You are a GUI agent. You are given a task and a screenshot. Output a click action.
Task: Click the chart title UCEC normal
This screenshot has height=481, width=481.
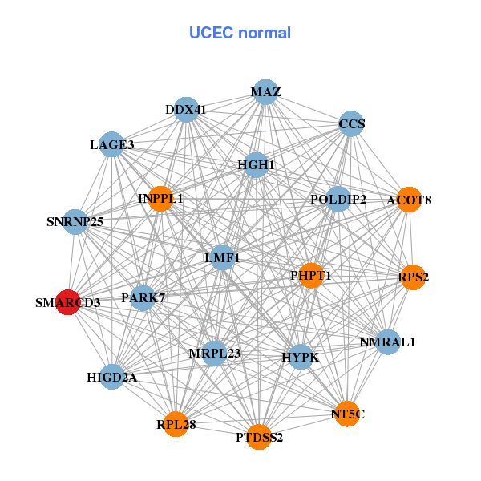click(x=240, y=33)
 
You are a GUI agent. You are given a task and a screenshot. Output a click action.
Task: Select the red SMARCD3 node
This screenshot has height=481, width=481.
click(x=68, y=302)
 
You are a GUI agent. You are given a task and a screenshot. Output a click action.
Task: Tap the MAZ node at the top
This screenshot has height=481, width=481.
click(x=265, y=92)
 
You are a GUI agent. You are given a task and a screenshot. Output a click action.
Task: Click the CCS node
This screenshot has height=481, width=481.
click(x=351, y=124)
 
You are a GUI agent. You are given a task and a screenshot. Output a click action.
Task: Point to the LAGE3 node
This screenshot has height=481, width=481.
click(x=111, y=145)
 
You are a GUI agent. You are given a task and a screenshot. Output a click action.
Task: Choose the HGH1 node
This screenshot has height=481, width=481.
click(x=256, y=165)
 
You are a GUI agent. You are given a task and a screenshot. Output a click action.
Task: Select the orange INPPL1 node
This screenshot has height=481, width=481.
click(x=160, y=198)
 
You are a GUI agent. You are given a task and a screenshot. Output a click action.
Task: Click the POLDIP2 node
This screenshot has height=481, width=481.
click(x=338, y=199)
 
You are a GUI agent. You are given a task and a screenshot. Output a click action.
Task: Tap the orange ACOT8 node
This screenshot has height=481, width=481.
click(x=409, y=200)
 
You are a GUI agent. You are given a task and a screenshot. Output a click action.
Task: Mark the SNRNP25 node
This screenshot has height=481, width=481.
click(x=75, y=221)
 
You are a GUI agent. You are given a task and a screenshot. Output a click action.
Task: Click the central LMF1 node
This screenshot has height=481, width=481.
click(x=222, y=257)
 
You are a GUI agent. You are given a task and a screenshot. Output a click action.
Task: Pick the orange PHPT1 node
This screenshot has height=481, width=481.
click(x=310, y=275)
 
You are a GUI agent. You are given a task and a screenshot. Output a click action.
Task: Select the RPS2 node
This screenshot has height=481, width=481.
click(x=412, y=277)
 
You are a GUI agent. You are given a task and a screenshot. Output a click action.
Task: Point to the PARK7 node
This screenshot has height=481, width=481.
click(x=143, y=298)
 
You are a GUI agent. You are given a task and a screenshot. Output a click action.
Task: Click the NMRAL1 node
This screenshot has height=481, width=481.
click(x=387, y=342)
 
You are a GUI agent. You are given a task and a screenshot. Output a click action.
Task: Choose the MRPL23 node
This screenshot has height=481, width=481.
click(x=214, y=353)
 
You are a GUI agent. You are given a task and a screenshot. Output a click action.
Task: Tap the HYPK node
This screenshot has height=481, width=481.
click(x=300, y=356)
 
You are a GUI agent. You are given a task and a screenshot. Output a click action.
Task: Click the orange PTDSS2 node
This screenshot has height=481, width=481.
click(x=258, y=437)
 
